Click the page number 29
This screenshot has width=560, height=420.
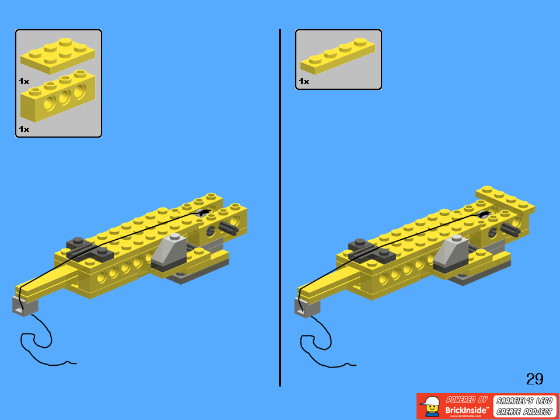tap(534, 379)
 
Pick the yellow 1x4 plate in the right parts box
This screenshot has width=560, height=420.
tap(337, 57)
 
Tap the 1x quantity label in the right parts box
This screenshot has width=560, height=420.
tap(304, 81)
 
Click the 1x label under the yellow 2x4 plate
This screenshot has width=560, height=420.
tap(24, 81)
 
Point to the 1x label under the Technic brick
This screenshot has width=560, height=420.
tap(24, 128)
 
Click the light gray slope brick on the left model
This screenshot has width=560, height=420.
tap(172, 251)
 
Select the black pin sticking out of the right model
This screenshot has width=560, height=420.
tap(510, 229)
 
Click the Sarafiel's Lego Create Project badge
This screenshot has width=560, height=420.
tap(524, 406)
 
